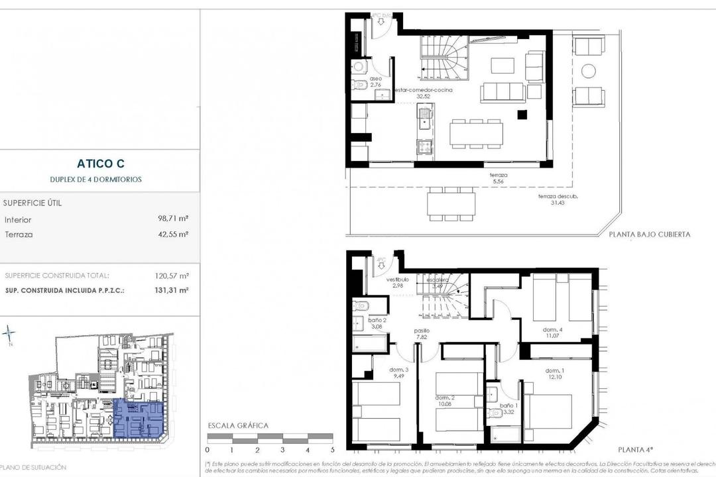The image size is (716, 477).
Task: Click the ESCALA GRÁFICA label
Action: tap(238, 425)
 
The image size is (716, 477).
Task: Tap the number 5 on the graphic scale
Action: tap(332, 449)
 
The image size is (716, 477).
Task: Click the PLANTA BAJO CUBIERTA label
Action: tap(649, 234)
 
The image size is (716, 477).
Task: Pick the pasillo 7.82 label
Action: tap(422, 333)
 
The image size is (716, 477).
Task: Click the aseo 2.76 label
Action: tap(375, 81)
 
